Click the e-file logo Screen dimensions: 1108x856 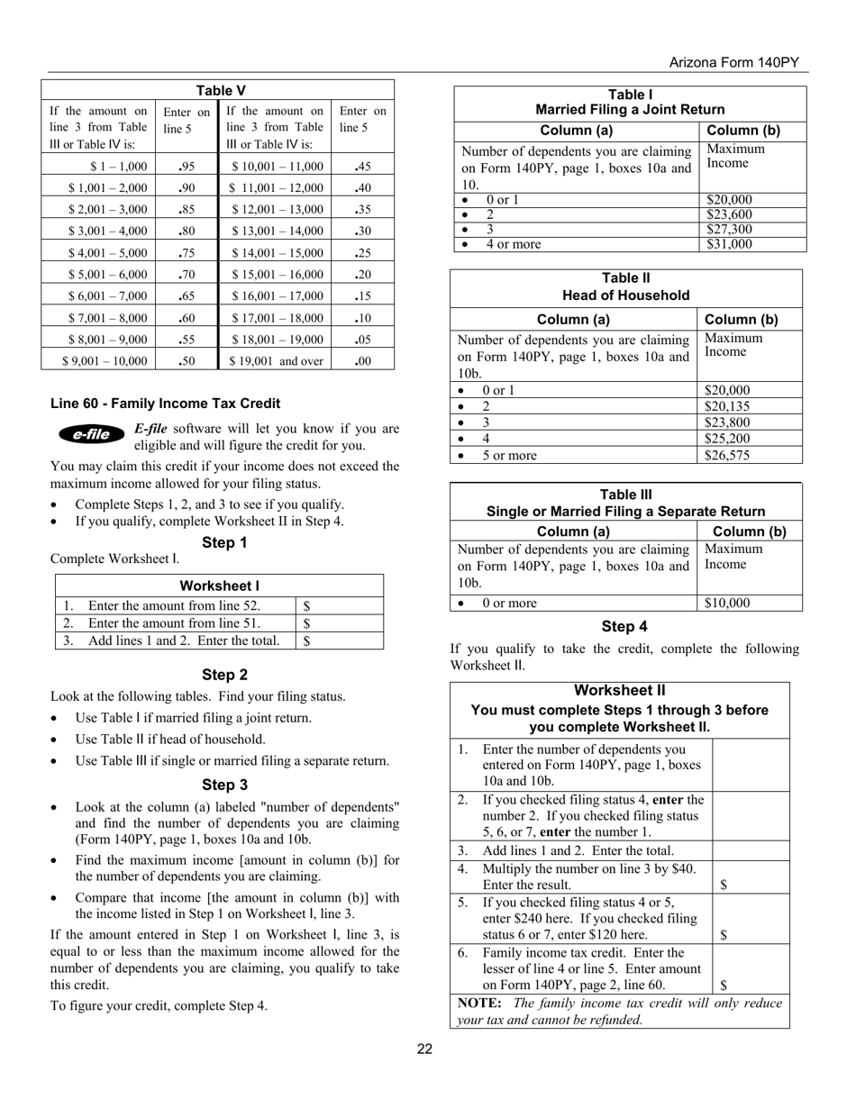[91, 434]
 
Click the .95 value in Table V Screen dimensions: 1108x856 [187, 167]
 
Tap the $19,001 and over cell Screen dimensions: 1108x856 [275, 361]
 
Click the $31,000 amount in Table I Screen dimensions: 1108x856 [729, 244]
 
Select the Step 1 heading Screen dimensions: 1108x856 [224, 542]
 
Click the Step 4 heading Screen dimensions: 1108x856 [624, 626]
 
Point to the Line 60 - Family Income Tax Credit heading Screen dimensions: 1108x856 [165, 404]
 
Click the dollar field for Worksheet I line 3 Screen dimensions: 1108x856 [340, 640]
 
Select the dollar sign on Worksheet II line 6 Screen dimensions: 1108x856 [724, 985]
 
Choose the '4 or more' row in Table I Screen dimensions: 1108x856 [514, 244]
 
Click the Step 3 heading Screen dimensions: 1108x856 [224, 785]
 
